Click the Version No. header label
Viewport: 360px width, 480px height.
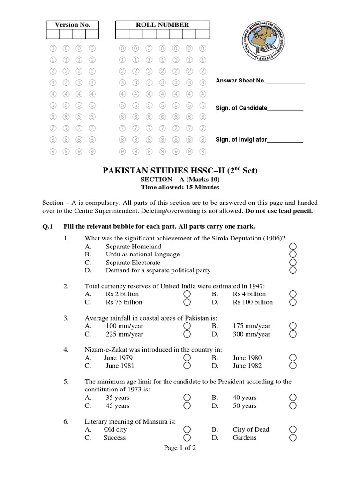(x=72, y=25)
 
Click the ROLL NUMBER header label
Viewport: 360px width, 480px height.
(x=162, y=25)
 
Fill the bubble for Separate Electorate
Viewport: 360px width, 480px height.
(x=293, y=262)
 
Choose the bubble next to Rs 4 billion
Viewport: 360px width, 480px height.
(x=293, y=294)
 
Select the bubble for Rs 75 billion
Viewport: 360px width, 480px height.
(x=187, y=302)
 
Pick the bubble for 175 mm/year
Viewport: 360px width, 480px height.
(x=293, y=326)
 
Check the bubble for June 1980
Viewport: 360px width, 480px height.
(x=293, y=358)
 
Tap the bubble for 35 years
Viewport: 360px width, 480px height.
(x=187, y=397)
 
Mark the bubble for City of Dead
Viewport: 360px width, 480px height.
(x=293, y=429)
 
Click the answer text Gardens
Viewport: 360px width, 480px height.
(x=244, y=438)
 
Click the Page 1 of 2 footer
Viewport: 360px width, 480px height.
(x=180, y=448)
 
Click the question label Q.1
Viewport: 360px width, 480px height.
(x=48, y=226)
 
